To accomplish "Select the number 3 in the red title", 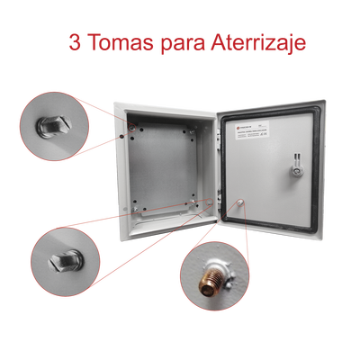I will (x=76, y=42).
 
